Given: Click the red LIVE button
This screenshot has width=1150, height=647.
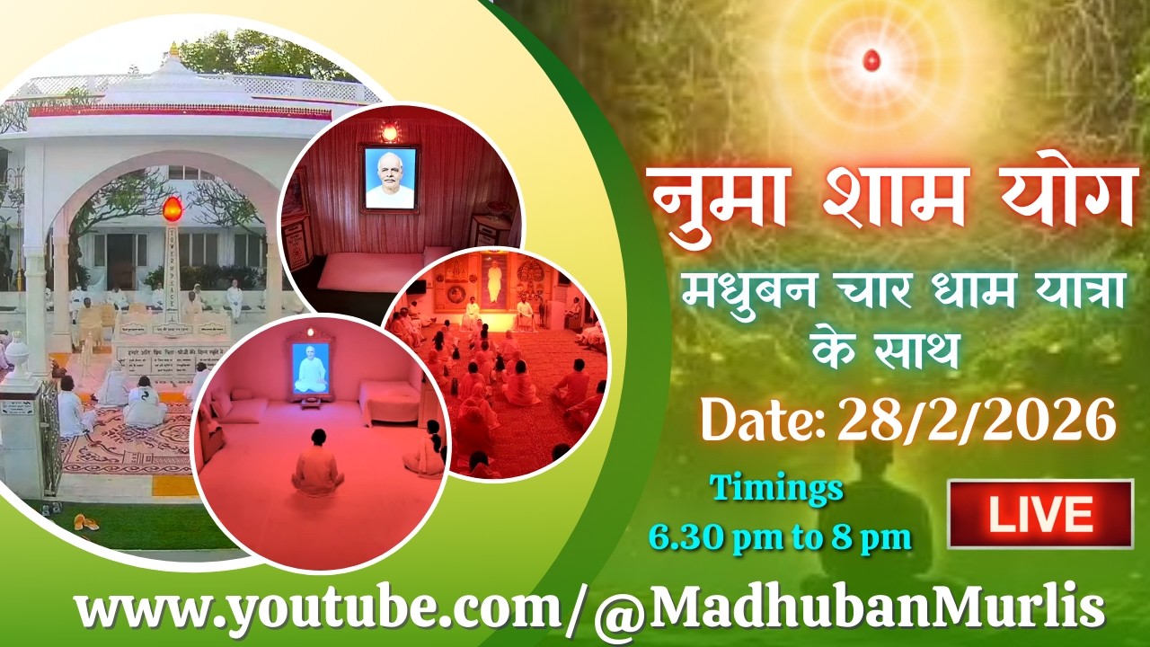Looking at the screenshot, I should (1040, 514).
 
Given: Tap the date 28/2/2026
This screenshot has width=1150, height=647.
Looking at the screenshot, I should (977, 421).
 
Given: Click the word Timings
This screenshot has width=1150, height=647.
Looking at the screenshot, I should (777, 491).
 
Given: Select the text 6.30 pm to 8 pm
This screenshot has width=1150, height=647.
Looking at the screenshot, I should (780, 536).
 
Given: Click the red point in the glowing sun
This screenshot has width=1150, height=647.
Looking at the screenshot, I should (869, 61).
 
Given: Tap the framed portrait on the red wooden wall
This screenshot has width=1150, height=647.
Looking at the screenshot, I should (390, 178).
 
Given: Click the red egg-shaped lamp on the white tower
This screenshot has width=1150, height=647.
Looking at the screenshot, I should (172, 209).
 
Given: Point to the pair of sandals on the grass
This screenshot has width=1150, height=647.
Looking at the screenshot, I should (85, 521).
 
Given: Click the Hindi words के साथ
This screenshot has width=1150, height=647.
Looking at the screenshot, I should (885, 350).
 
